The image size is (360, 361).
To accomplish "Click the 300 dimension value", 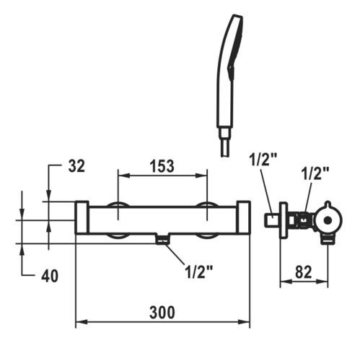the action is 162,312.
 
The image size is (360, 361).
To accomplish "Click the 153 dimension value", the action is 162,166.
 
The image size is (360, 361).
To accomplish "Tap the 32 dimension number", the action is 76,166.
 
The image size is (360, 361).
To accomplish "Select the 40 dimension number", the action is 50,276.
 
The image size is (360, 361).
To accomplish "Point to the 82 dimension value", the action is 303,272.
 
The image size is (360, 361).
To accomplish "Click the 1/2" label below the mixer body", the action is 199,272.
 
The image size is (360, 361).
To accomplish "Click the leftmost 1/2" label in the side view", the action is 264,159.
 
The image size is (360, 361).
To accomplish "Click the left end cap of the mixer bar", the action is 82,217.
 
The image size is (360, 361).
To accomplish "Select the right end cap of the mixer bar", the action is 243,217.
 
